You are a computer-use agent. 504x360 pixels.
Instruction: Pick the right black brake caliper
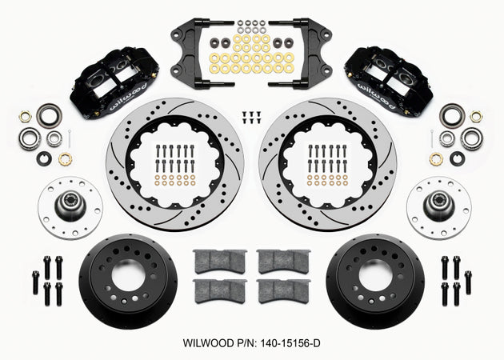coord(389,82)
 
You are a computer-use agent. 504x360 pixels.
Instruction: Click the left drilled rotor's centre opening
coord(175,165)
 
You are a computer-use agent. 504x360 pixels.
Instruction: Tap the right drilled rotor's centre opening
coord(327,165)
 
